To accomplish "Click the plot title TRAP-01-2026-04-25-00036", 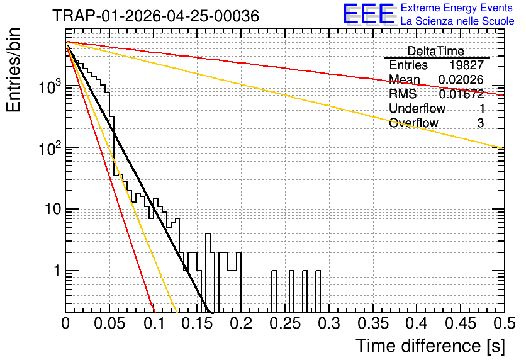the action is (x=155, y=16).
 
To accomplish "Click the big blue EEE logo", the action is (x=369, y=14).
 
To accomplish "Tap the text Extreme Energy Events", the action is (x=457, y=8).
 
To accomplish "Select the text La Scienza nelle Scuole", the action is (x=457, y=21).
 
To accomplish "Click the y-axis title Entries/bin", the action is (x=13, y=70).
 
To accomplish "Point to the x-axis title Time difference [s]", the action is (x=430, y=346).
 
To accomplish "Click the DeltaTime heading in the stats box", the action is (x=435, y=52).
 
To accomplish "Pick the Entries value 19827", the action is (x=466, y=65).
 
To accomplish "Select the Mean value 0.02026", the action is (x=461, y=79).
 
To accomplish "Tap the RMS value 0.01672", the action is (x=461, y=94).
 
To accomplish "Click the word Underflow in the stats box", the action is (x=417, y=108).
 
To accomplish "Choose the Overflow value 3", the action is (x=480, y=123).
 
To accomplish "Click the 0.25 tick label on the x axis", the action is (x=285, y=323).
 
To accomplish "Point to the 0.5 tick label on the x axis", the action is (x=504, y=323).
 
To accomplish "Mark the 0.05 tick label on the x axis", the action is (x=109, y=323).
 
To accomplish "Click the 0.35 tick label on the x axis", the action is (x=373, y=323).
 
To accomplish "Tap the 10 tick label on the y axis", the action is (x=53, y=209).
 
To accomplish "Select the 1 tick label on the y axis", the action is (x=57, y=271).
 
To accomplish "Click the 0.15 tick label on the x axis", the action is (x=198, y=323).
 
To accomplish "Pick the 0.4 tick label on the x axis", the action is (x=417, y=323).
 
